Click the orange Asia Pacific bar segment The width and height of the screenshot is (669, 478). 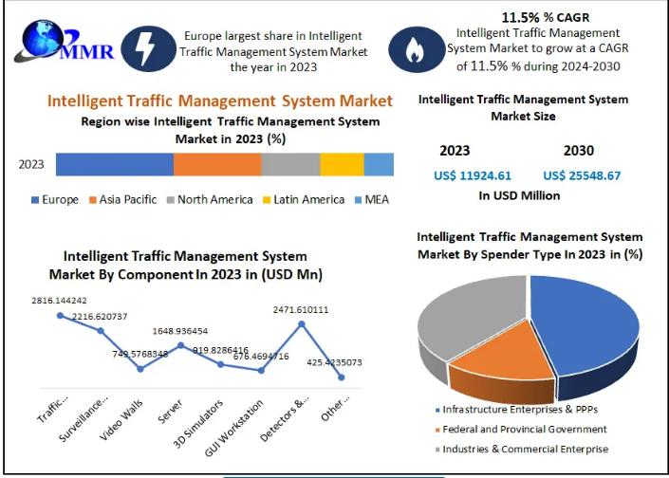tap(217, 164)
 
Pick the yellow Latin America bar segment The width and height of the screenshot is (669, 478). tap(342, 164)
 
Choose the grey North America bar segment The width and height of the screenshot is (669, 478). tap(290, 164)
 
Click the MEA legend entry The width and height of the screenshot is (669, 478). tap(370, 199)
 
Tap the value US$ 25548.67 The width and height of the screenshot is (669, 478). tap(582, 175)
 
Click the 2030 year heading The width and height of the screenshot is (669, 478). tap(580, 150)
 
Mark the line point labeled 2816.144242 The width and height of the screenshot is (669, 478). tap(60, 315)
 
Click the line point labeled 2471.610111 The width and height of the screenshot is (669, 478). tap(302, 324)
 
